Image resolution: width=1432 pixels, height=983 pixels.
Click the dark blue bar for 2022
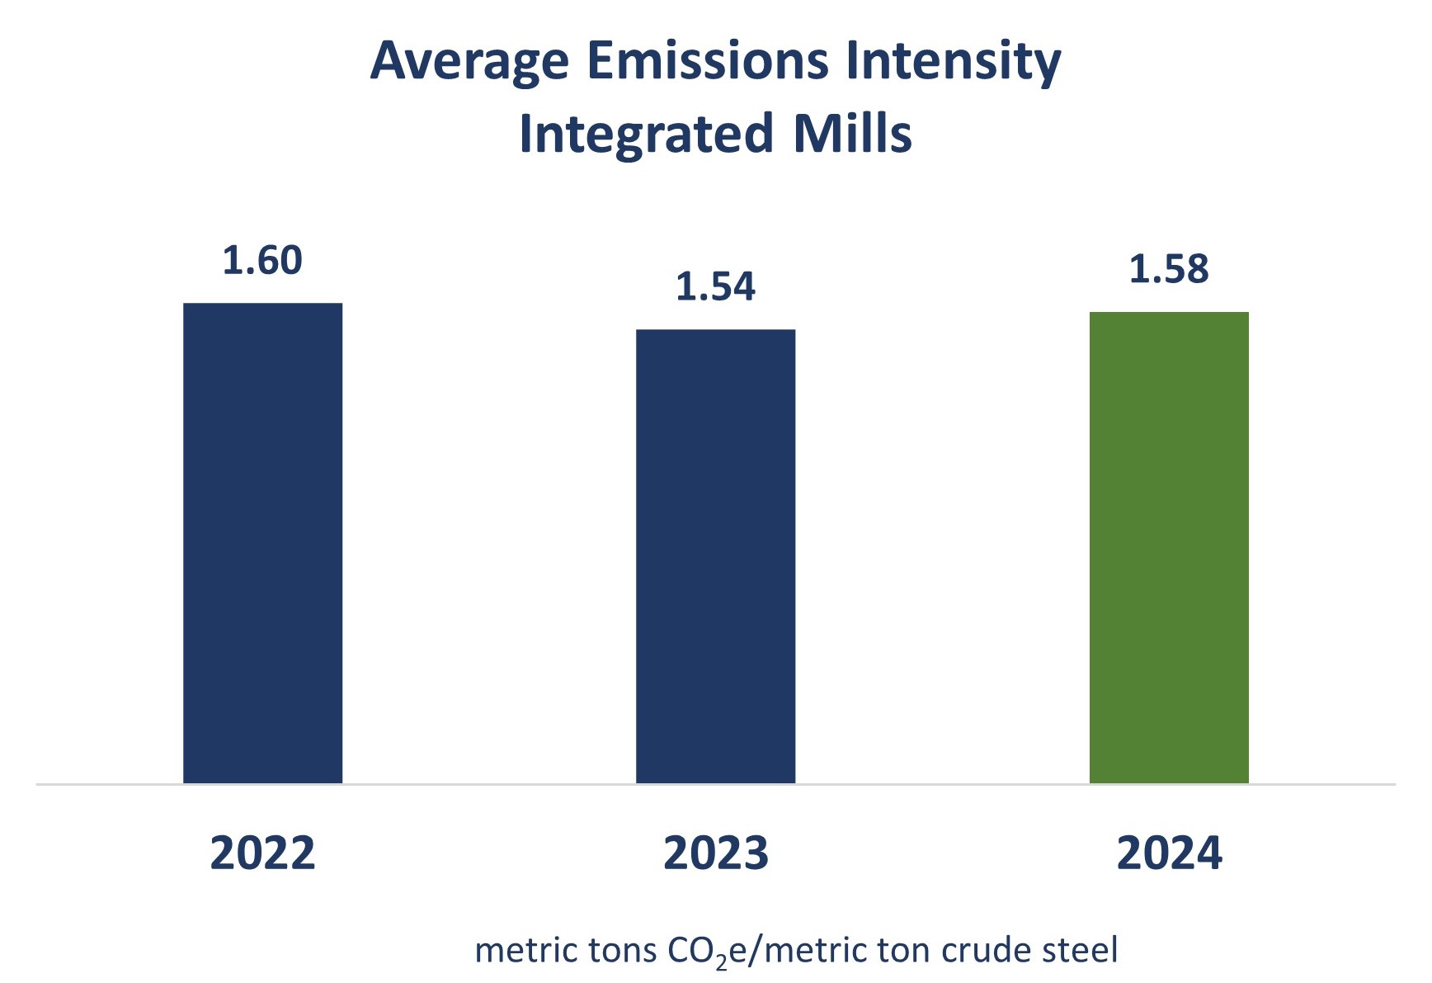pyautogui.click(x=262, y=542)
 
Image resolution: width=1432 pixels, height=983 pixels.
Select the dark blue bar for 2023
pyautogui.click(x=715, y=555)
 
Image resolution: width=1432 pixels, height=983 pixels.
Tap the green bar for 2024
pyautogui.click(x=1169, y=546)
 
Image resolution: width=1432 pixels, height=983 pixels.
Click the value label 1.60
pyautogui.click(x=262, y=261)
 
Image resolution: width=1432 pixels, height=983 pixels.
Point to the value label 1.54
pyautogui.click(x=715, y=286)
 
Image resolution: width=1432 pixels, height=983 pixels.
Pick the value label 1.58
pyautogui.click(x=1169, y=269)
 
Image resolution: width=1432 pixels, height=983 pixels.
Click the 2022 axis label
pyautogui.click(x=262, y=853)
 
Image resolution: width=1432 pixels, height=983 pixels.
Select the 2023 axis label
pyautogui.click(x=715, y=853)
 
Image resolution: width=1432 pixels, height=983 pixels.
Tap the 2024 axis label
pyautogui.click(x=1169, y=853)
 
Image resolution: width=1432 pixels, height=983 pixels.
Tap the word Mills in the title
pyautogui.click(x=852, y=134)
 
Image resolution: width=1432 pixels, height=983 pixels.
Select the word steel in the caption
pyautogui.click(x=1080, y=951)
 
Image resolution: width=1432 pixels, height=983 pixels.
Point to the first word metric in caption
pyautogui.click(x=526, y=951)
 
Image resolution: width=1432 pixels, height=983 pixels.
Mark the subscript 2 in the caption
pyautogui.click(x=722, y=961)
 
